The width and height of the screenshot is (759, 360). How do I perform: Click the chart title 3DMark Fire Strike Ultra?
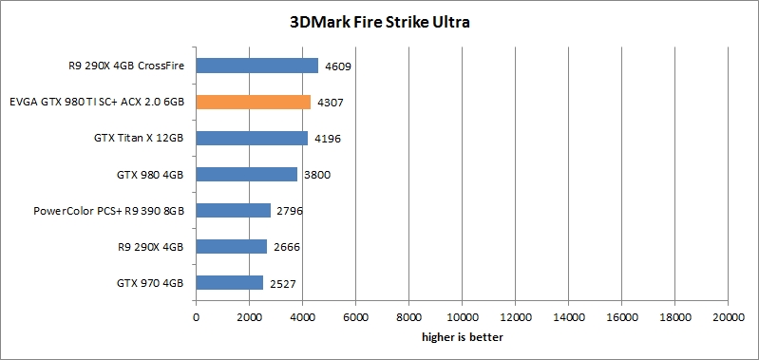379,21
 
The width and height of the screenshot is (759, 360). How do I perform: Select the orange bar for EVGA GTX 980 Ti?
254,102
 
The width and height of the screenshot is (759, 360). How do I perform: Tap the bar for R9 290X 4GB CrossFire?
257,66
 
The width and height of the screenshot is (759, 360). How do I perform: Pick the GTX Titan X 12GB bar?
252,138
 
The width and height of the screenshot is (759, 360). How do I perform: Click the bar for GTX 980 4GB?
247,174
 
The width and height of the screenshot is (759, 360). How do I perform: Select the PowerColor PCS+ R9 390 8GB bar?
234,210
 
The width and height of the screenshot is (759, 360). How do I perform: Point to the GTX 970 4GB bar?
230,282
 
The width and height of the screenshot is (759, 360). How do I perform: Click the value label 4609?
338,66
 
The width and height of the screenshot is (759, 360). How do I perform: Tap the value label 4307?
330,103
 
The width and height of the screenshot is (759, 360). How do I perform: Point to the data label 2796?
290,211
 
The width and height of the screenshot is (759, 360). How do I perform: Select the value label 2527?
282,283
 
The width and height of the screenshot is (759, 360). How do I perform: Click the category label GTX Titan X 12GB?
139,138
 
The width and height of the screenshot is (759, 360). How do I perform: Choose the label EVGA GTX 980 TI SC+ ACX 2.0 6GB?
96,102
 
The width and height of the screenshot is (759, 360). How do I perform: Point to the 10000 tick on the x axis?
462,318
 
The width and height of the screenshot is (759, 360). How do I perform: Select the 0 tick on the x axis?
196,318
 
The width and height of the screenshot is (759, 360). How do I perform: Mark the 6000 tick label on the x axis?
355,318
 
